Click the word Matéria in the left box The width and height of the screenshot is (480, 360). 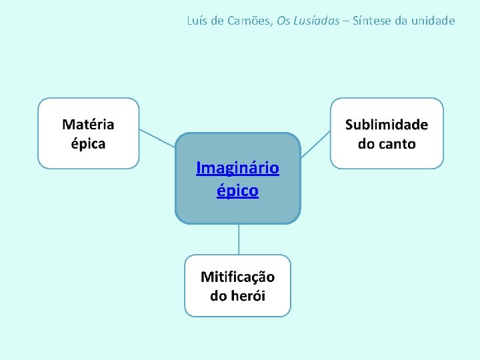pos(88,125)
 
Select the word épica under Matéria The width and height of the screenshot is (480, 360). pos(88,143)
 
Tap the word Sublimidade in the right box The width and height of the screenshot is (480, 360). pos(387,125)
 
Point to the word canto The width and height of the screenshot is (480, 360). pos(397,144)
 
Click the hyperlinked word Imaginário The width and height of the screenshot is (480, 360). pos(237,167)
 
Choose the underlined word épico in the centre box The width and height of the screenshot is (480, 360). pos(237,191)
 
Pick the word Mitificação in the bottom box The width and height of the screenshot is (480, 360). pos(237,277)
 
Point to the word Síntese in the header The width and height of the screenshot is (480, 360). pos(372,21)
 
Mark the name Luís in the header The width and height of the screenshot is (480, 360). pos(197,21)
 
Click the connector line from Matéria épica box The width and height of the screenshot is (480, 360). pos(157,138)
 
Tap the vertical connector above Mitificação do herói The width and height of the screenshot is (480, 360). pos(239,239)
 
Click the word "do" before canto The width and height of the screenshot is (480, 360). pos(367,144)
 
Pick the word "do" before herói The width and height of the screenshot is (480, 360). pos(219,295)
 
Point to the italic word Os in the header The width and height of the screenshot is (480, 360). pos(283,21)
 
